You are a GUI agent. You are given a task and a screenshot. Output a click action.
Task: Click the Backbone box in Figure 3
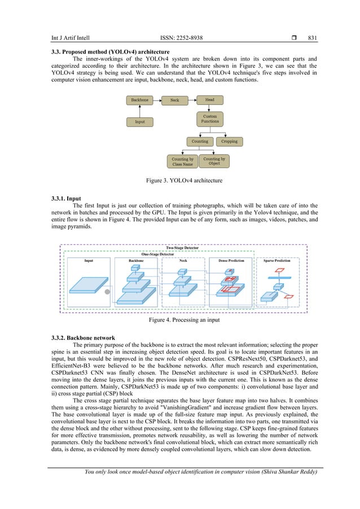(140, 100)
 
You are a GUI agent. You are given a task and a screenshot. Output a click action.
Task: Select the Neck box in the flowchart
(174, 100)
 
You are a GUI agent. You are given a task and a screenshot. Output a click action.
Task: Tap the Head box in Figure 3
(209, 100)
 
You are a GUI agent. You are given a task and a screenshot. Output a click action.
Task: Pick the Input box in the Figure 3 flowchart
(140, 121)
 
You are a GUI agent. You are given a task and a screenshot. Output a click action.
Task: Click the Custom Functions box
(209, 120)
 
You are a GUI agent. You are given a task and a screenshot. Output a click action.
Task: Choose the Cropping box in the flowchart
(229, 141)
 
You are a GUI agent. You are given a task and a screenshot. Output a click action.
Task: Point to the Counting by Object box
(214, 161)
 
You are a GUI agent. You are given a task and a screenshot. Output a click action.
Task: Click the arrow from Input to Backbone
(140, 111)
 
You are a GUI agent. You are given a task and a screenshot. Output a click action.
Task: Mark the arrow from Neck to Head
(192, 100)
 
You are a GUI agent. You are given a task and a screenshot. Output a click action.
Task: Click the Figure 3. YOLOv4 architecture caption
(180, 181)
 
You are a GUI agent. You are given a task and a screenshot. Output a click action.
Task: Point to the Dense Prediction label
(231, 261)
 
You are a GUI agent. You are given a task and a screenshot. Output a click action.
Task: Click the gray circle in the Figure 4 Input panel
(107, 292)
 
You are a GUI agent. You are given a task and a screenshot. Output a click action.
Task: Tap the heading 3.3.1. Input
(66, 199)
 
